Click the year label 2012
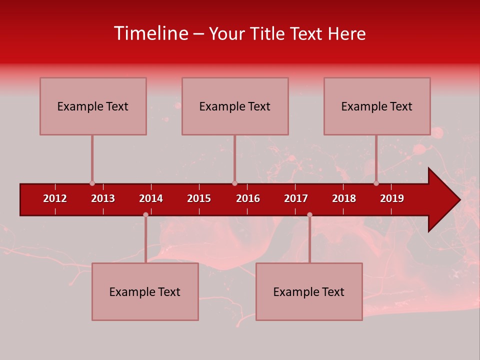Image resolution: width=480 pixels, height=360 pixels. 55,198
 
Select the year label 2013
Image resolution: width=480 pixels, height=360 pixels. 103,198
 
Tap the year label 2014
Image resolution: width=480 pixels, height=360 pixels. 151,198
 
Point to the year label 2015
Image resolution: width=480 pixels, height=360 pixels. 199,198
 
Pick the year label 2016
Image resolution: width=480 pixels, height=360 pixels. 248,198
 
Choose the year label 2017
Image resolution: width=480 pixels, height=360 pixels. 296,198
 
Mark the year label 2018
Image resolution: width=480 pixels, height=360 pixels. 344,198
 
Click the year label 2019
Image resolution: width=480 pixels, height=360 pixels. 392,198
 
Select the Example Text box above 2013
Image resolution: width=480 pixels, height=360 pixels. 93,106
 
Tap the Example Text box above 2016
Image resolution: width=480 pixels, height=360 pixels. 235,106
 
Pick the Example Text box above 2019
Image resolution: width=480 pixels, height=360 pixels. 377,106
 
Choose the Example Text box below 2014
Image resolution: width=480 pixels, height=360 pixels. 145,291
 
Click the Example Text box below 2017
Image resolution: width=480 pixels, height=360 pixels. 309,291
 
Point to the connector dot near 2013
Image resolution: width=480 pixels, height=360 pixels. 92,183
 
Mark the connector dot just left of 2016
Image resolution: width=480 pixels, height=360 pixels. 234,183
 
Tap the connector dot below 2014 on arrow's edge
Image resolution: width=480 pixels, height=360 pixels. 145,214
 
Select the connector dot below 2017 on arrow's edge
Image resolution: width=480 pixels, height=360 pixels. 309,214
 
